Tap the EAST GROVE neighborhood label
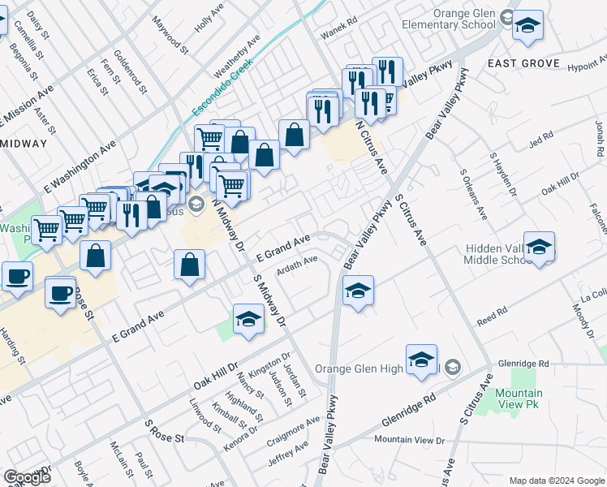pos(523,63)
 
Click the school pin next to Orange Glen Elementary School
pos(527,25)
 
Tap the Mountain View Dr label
pos(410,440)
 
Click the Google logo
pos(27,477)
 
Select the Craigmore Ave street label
pos(293,432)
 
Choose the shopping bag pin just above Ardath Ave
pos(189,265)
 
